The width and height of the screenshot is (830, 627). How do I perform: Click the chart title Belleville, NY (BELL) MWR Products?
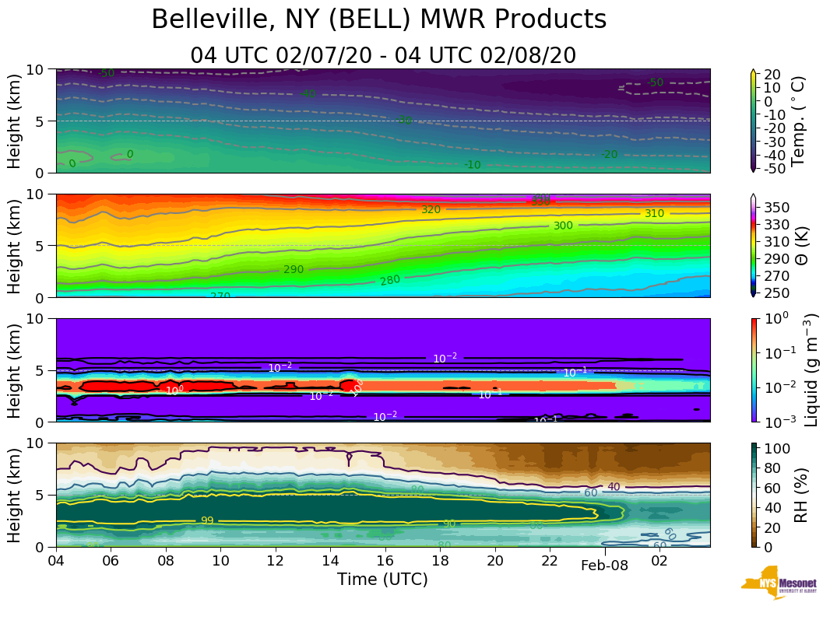tap(378, 19)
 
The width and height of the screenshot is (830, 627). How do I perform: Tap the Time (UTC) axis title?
tap(382, 580)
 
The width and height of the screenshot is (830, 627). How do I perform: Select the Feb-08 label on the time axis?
tap(604, 566)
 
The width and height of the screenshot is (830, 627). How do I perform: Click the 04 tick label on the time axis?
tap(56, 560)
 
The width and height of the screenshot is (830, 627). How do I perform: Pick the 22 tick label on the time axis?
tap(550, 560)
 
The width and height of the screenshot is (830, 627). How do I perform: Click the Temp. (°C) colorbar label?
tap(797, 121)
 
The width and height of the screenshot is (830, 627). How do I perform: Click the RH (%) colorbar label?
tap(799, 494)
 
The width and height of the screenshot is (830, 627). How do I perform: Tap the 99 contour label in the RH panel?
tap(207, 520)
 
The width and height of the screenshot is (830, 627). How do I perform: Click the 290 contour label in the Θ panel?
tap(294, 269)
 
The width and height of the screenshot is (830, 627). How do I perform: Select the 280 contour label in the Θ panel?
tap(390, 280)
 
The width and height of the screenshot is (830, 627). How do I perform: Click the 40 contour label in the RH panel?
tap(614, 487)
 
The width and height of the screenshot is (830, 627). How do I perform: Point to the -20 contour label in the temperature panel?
tap(609, 155)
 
